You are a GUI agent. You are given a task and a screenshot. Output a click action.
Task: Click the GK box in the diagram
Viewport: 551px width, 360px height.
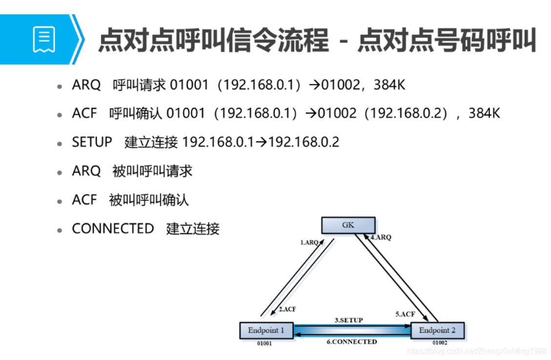pyautogui.click(x=348, y=225)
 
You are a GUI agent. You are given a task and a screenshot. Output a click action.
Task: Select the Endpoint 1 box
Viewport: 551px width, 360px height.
pyautogui.click(x=266, y=330)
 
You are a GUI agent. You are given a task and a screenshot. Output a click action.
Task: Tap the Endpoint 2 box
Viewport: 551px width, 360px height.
pyautogui.click(x=437, y=330)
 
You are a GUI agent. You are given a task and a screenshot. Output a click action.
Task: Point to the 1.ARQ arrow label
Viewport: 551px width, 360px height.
pyautogui.click(x=309, y=242)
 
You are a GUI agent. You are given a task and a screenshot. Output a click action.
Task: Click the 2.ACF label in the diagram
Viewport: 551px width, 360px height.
pyautogui.click(x=287, y=309)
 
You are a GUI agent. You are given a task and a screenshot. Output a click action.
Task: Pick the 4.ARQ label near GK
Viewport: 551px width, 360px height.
pyautogui.click(x=381, y=238)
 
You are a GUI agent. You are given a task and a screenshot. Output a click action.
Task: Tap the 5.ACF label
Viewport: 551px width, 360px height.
pyautogui.click(x=405, y=314)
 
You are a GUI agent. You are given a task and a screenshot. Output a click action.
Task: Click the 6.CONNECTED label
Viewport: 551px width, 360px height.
pyautogui.click(x=351, y=341)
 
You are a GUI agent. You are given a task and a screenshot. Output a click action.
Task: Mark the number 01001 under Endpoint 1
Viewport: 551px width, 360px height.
pyautogui.click(x=265, y=343)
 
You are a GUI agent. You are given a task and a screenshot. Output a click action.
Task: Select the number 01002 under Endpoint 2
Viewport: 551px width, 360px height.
pyautogui.click(x=439, y=343)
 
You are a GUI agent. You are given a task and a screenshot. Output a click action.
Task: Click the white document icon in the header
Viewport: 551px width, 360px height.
pyautogui.click(x=44, y=40)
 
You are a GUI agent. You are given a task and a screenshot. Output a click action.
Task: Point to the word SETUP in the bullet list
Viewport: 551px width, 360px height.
pyautogui.click(x=92, y=142)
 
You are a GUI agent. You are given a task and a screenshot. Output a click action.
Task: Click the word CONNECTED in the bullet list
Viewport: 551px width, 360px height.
pyautogui.click(x=113, y=228)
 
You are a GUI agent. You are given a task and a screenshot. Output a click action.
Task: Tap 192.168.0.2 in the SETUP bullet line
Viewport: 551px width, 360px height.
pyautogui.click(x=304, y=142)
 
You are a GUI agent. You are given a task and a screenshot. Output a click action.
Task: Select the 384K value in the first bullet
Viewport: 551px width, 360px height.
pyautogui.click(x=389, y=85)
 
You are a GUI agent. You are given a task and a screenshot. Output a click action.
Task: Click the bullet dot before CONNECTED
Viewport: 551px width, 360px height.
pyautogui.click(x=60, y=230)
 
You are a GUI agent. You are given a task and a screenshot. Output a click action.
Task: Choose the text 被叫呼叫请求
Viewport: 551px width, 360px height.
pyautogui.click(x=152, y=171)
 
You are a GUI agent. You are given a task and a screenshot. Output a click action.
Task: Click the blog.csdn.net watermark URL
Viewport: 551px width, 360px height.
pyautogui.click(x=476, y=351)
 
